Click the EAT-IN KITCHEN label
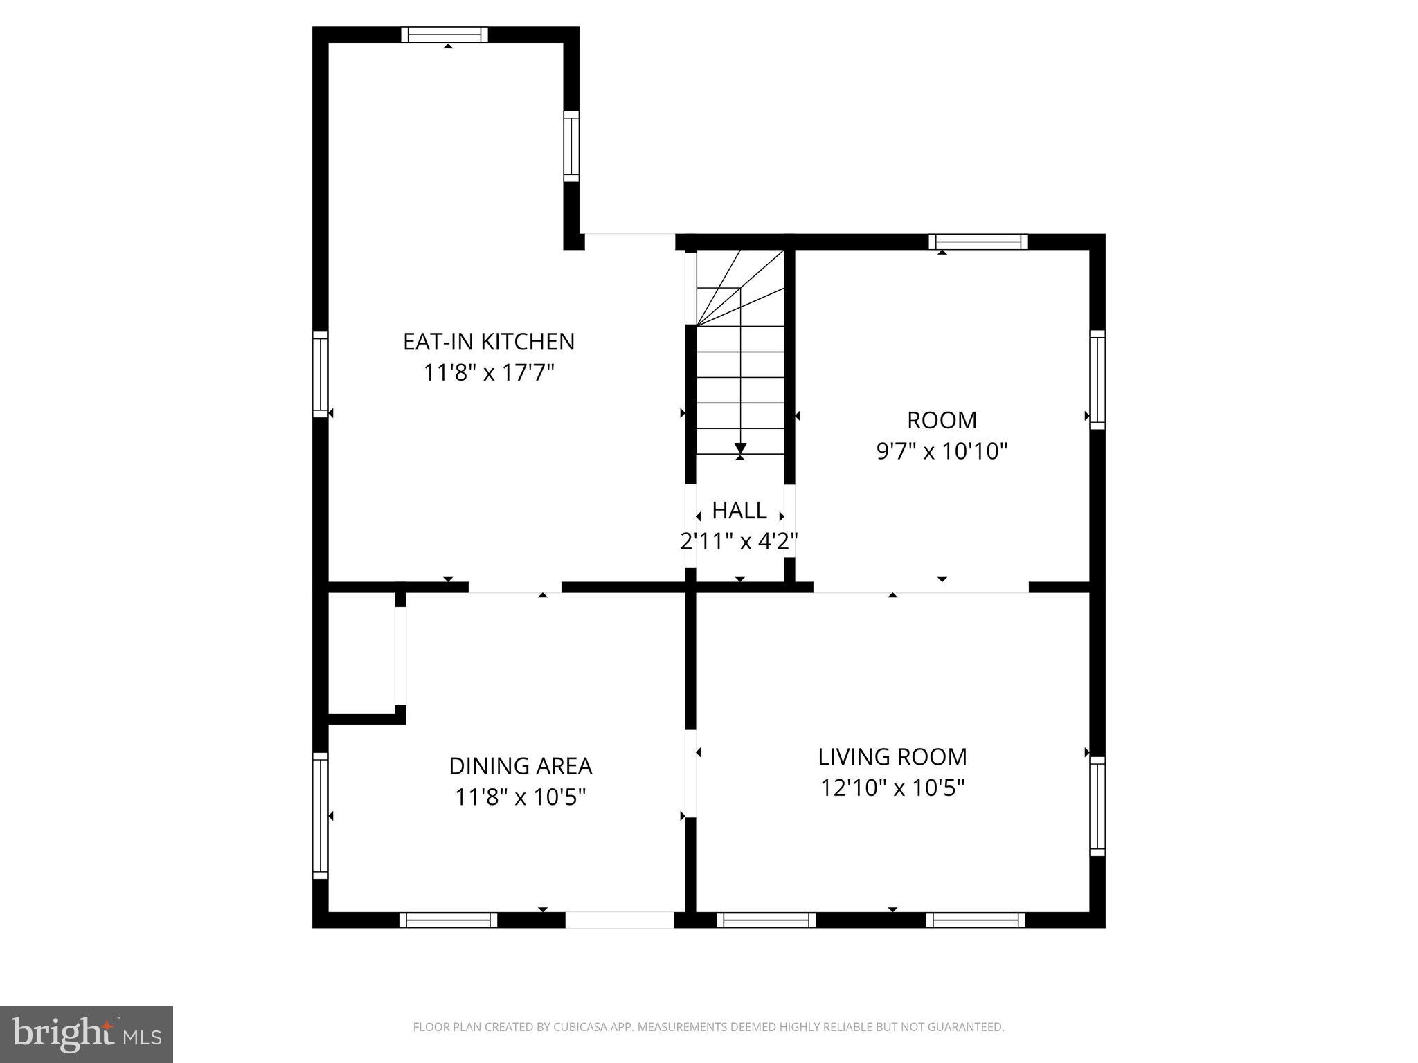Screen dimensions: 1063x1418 tap(489, 342)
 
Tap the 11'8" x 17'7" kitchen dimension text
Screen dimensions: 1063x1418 tap(489, 374)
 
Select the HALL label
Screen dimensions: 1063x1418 tap(739, 511)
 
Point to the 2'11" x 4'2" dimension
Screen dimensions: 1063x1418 tap(739, 541)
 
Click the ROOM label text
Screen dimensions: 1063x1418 tap(942, 420)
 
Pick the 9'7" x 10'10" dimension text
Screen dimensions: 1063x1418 tap(942, 452)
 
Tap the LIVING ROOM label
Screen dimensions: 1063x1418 tap(892, 757)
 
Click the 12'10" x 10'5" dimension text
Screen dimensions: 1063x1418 tap(892, 788)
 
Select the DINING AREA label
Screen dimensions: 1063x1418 tap(520, 766)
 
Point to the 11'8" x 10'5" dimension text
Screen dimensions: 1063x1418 tap(520, 798)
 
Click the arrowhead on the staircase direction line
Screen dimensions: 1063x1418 tap(740, 448)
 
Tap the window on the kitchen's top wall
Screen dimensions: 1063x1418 tap(445, 35)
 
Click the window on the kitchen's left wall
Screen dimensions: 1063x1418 tap(320, 374)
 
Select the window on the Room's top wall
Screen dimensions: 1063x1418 tap(978, 242)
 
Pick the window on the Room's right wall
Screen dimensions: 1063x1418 tap(1097, 379)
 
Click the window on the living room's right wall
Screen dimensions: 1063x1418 tap(1097, 806)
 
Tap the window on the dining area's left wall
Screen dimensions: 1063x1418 tap(320, 816)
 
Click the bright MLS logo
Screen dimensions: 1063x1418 tap(87, 1034)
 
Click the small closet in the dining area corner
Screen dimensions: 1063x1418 tap(361, 652)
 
